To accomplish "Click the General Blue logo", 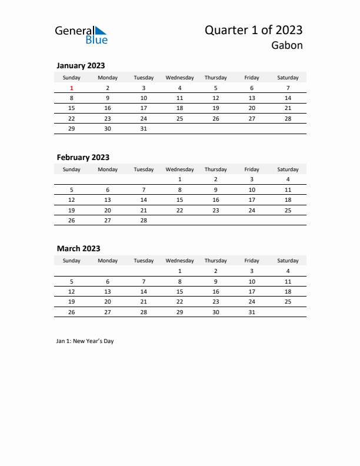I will point(81,35).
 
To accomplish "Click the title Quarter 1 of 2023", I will point(254,30).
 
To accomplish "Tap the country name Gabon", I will point(287,45).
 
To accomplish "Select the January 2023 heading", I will point(81,66).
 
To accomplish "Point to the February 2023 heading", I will point(83,157).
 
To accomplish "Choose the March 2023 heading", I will point(78,249).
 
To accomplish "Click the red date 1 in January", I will point(72,88).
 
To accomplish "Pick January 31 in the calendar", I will point(144,128).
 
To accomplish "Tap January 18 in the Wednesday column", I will point(180,108).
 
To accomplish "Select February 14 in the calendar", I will point(144,200).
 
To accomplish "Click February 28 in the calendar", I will point(144,220).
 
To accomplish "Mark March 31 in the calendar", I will point(252,312).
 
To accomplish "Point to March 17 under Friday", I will point(252,291).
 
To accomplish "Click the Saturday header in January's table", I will point(288,78).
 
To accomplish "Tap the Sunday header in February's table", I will point(72,169).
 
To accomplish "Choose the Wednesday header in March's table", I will point(180,261).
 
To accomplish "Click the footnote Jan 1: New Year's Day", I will point(85,341).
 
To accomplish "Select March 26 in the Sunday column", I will point(72,312).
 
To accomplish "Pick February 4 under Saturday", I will point(288,179).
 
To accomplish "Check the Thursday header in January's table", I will point(216,78).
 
